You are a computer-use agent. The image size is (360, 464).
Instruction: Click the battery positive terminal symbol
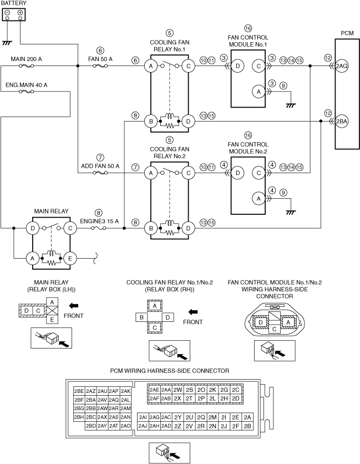coord(21,13)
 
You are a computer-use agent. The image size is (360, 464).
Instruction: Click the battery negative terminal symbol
coord(7,13)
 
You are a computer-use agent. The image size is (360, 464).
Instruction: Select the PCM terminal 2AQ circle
coord(342,65)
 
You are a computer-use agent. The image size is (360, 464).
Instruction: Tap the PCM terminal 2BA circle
coord(342,120)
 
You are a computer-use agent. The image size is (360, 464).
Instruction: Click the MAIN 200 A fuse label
coord(26,58)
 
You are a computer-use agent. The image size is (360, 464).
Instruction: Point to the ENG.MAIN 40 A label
coord(26,85)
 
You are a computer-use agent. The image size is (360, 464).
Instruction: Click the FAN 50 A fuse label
coord(100,58)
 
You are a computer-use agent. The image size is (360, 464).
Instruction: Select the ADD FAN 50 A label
coord(100,165)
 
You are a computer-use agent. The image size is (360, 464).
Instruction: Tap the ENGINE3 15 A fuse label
coord(100,220)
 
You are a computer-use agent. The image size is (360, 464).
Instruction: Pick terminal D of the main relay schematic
coord(33,228)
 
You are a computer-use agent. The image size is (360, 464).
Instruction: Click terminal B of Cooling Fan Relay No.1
coord(150,120)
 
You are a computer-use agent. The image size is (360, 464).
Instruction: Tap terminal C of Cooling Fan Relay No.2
coord(189,173)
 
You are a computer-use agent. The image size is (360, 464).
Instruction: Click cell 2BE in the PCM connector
coord(79,391)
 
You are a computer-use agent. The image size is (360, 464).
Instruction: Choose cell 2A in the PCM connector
coord(247,417)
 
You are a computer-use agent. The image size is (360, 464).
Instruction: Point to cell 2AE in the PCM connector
coord(154,390)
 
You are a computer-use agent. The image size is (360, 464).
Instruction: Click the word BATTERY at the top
coord(13,3)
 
